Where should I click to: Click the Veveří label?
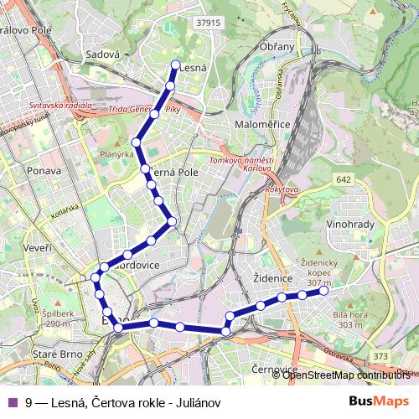[x=40, y=250]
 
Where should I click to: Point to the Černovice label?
[x=276, y=370]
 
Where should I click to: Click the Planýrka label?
[x=117, y=155]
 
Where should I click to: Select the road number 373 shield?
[x=381, y=356]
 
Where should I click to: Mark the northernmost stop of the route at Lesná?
[x=175, y=65]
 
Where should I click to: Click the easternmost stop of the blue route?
[x=324, y=292]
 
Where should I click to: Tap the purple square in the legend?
[x=12, y=402]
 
